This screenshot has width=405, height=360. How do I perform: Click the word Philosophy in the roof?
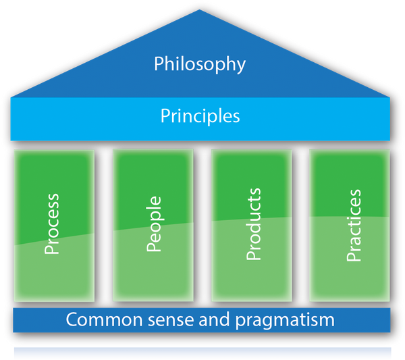click(x=200, y=65)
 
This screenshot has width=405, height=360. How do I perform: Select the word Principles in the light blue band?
click(x=200, y=116)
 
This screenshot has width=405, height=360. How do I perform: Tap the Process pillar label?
click(x=52, y=224)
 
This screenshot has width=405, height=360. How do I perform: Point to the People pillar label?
click(x=154, y=224)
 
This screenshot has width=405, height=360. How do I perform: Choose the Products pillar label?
click(x=254, y=224)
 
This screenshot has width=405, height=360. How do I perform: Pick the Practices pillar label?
click(x=353, y=226)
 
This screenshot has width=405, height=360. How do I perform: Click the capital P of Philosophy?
click(x=159, y=64)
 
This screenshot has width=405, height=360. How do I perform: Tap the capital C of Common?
click(x=72, y=319)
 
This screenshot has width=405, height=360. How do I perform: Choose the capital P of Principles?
click(x=165, y=116)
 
